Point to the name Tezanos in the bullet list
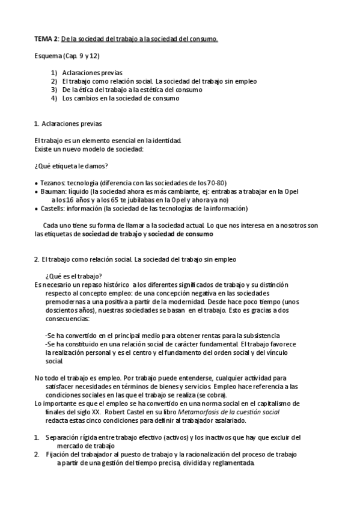(51, 183)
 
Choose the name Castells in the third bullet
(52, 208)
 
